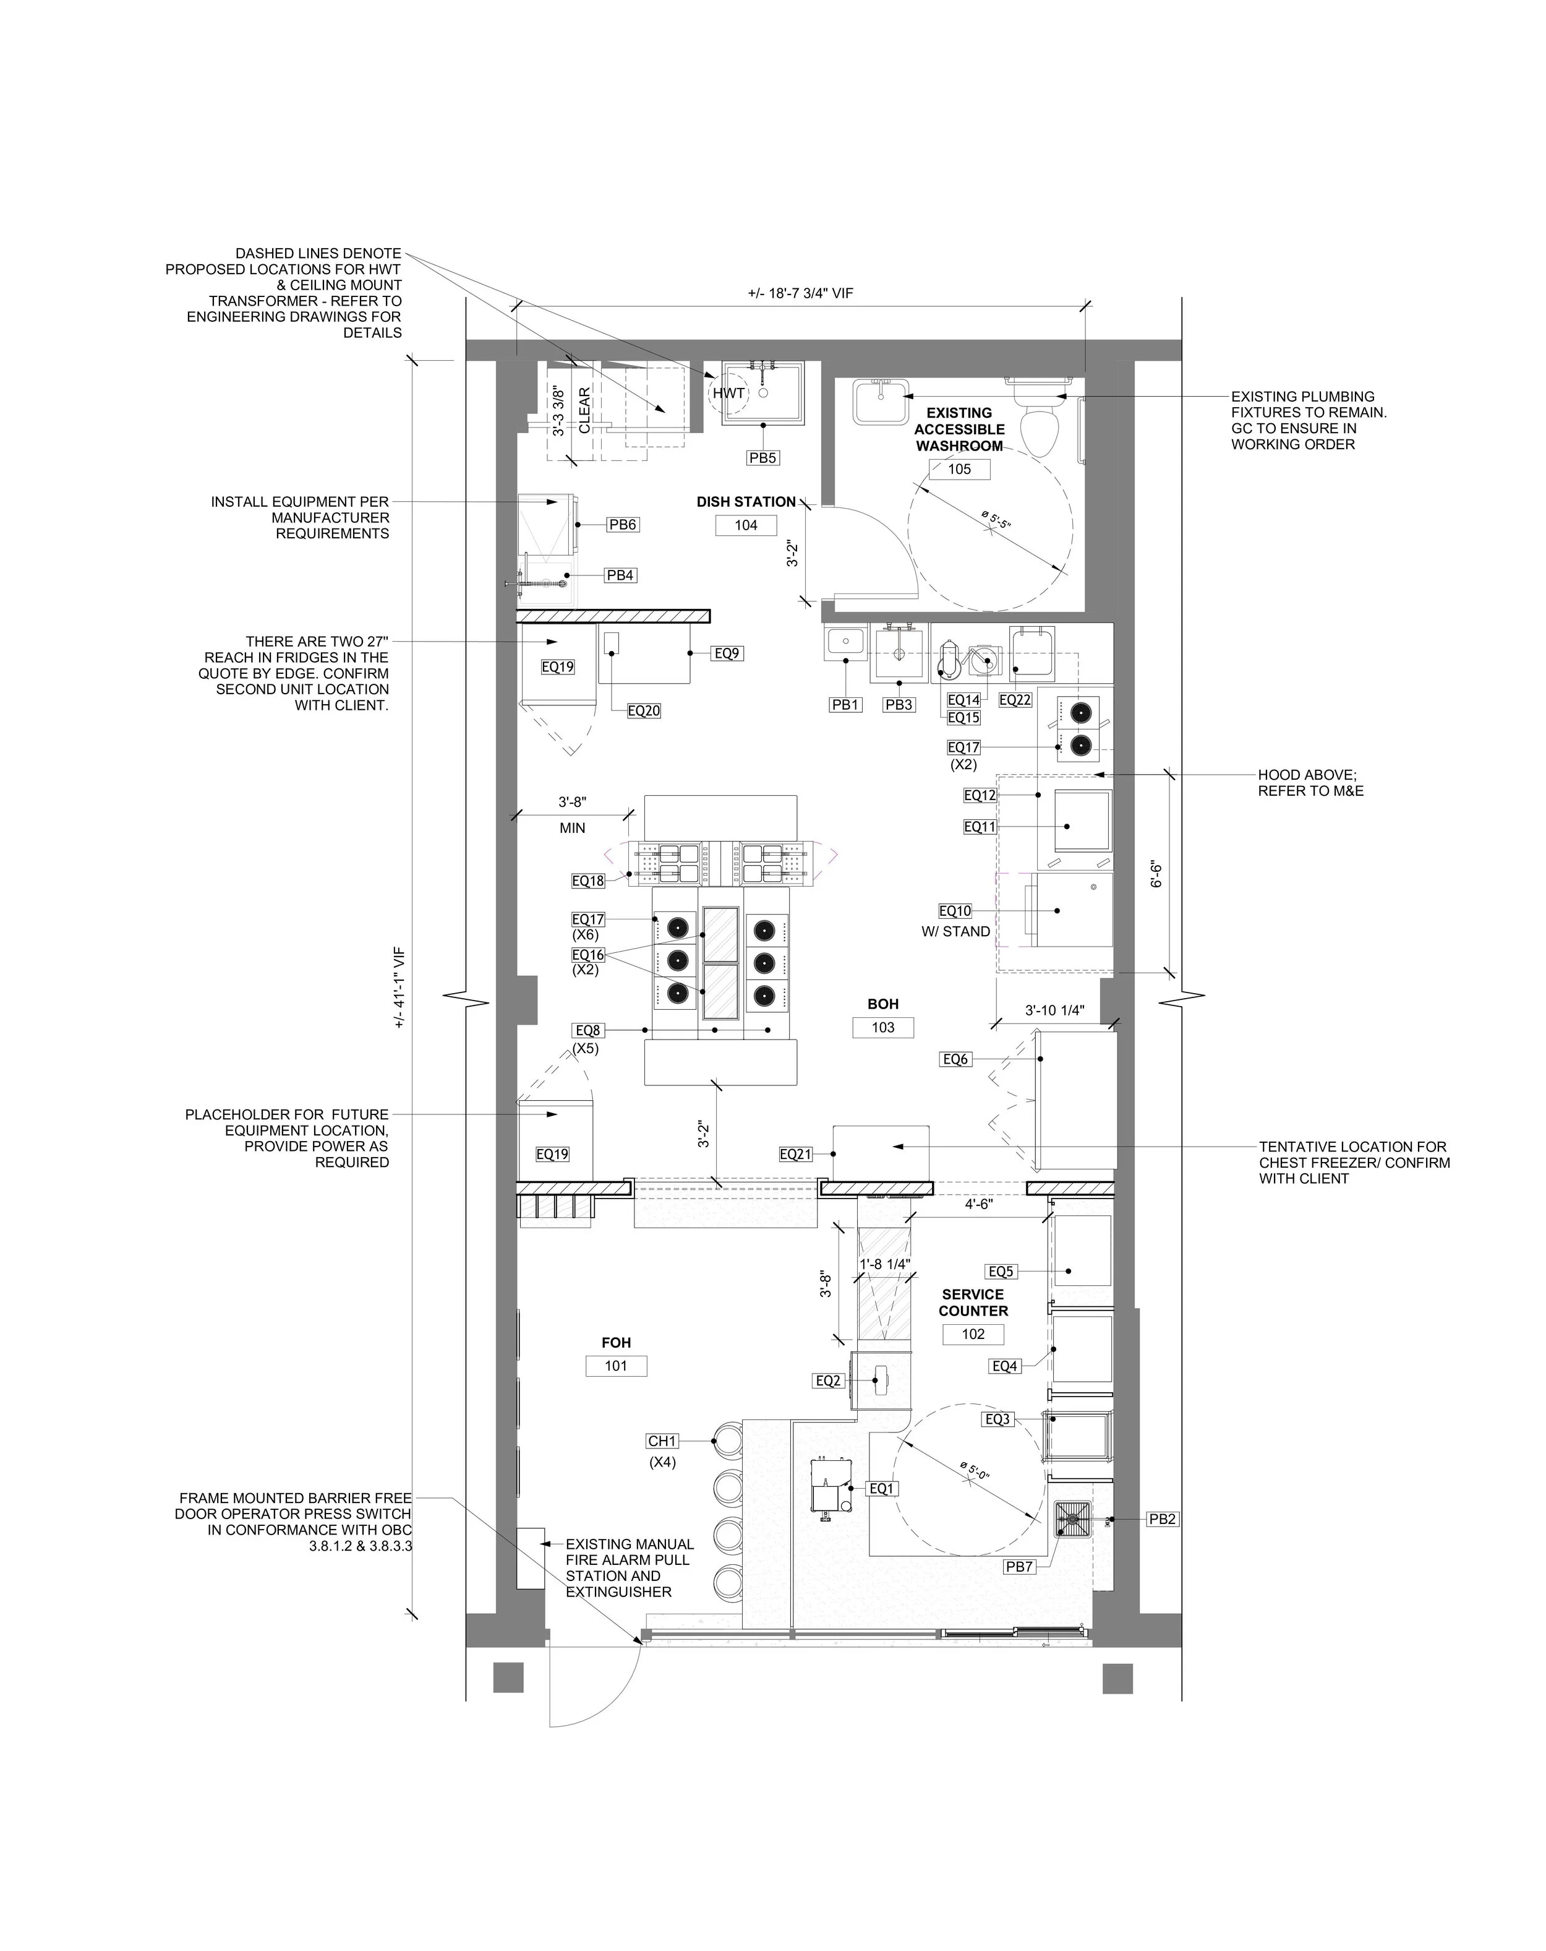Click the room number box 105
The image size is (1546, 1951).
pos(959,469)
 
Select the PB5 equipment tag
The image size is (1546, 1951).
pos(762,458)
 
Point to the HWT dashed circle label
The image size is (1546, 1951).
pos(728,393)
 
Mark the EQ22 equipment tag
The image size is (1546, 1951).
pos(1015,699)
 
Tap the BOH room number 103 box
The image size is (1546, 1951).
pos(883,1027)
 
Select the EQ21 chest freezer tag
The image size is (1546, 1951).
pos(796,1154)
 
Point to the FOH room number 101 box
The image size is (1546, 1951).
pos(616,1366)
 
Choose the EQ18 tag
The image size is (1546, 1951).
pos(588,881)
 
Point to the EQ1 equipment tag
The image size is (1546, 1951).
pos(882,1489)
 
